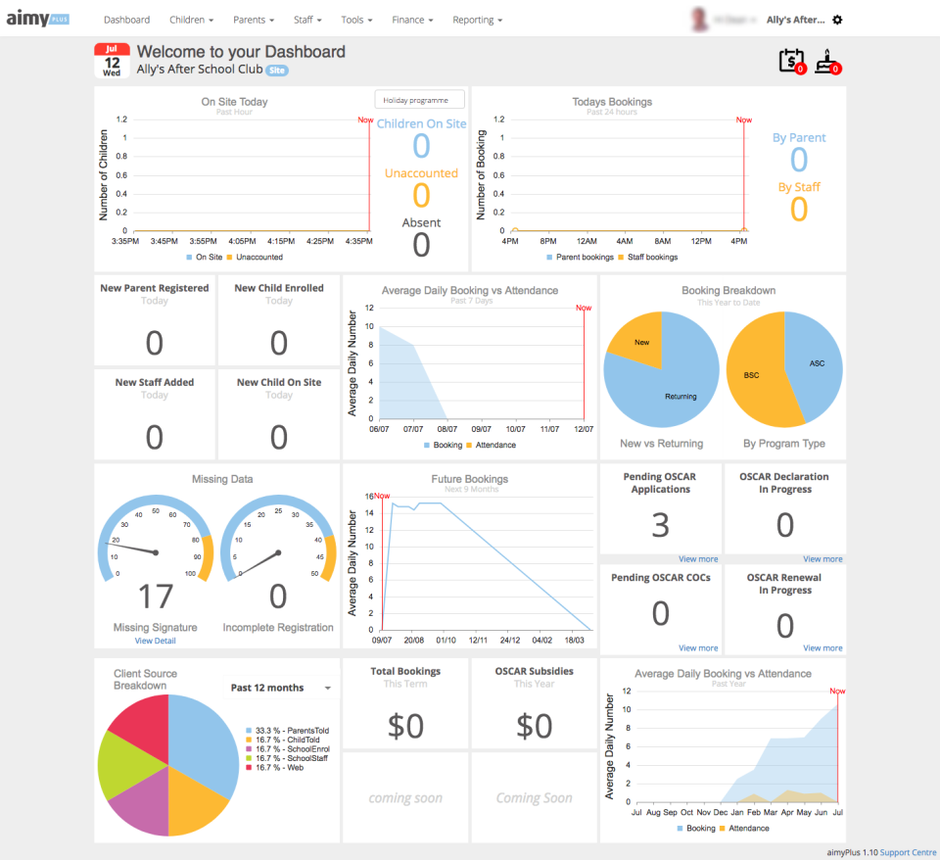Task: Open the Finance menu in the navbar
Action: [x=411, y=20]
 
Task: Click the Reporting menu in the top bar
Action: [x=477, y=20]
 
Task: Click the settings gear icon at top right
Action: [x=837, y=20]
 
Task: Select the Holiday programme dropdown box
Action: [x=419, y=100]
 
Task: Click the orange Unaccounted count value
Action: [x=421, y=196]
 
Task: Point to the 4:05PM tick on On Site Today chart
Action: [x=241, y=240]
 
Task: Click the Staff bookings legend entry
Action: [x=650, y=258]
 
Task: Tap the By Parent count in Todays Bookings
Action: [x=799, y=160]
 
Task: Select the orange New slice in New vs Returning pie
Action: [x=641, y=342]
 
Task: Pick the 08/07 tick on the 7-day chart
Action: [x=446, y=428]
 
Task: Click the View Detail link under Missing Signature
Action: [x=157, y=641]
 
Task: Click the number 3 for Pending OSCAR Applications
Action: [x=661, y=526]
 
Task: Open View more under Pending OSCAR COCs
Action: [x=698, y=648]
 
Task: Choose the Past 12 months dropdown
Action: [x=280, y=688]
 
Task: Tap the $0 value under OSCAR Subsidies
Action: [x=534, y=726]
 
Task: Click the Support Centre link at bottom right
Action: [x=908, y=852]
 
